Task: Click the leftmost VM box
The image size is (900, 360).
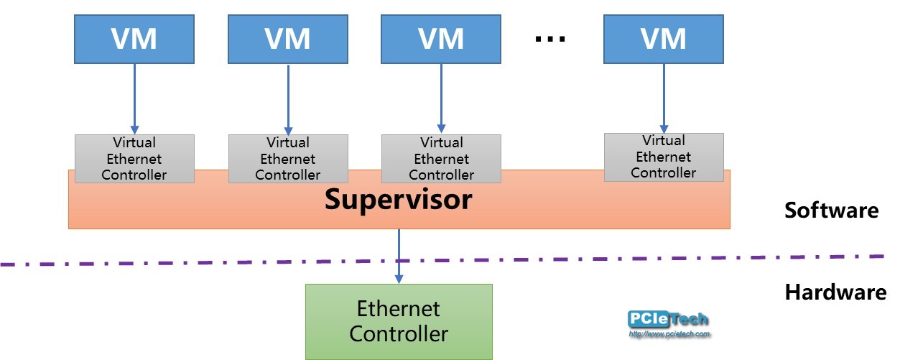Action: (x=134, y=39)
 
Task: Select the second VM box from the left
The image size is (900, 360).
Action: (x=288, y=39)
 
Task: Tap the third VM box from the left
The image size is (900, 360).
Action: (x=441, y=39)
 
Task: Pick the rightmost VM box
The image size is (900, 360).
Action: (x=663, y=39)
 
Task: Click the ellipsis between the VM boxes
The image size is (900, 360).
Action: (x=550, y=40)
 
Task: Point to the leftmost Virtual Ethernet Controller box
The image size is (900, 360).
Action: (x=134, y=159)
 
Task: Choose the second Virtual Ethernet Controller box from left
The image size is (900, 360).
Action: (x=288, y=159)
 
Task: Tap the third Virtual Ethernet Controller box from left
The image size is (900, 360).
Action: (x=441, y=159)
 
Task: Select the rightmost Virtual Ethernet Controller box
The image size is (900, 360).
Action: (x=663, y=157)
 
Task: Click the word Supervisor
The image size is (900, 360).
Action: (x=398, y=200)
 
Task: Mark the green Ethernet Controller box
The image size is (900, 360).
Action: (x=399, y=321)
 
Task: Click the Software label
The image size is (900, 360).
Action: (x=831, y=211)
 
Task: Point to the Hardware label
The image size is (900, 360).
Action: (x=835, y=292)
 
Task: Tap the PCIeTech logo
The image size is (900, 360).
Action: (x=668, y=319)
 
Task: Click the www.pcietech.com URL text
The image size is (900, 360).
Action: (x=669, y=334)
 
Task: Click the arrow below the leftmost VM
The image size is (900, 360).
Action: (x=134, y=98)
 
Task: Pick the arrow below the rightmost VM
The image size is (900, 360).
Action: (x=663, y=96)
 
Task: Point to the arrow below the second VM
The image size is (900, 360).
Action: (x=288, y=98)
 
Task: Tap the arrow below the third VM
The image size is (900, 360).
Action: (x=441, y=98)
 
